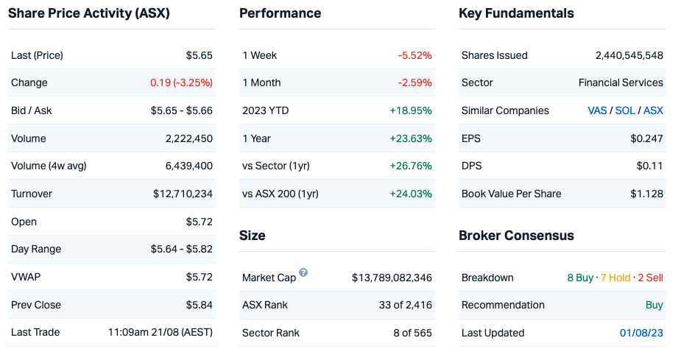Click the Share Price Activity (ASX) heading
pos(89,13)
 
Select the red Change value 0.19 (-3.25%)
pos(181,82)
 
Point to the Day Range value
pos(182,250)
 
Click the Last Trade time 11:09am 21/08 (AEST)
pos(160,332)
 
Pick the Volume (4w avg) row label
pos(49,166)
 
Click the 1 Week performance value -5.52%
pos(414,55)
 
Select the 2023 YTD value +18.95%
pos(411,110)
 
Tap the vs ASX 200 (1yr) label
pos(280,194)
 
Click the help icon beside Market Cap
pos(303,273)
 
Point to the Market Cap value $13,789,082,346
pos(392,278)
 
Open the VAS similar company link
pos(597,110)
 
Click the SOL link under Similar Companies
pos(625,110)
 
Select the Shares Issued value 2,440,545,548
pos(629,55)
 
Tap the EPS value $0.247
pos(647,138)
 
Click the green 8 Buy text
pos(580,278)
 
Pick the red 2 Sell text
pos(651,278)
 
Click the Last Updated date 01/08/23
pos(641,333)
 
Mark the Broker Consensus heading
pos(516,236)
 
